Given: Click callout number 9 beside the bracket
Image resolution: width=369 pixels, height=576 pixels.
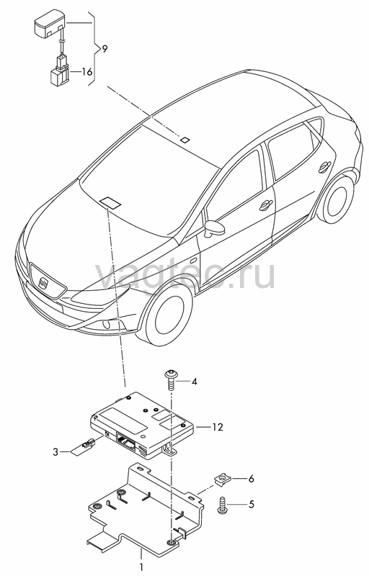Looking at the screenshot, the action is click(x=105, y=49).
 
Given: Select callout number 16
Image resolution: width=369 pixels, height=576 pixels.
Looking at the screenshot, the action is click(x=86, y=71).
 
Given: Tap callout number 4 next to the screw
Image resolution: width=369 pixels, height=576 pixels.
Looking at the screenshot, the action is click(x=194, y=382).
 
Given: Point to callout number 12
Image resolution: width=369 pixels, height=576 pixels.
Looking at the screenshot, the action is click(x=218, y=427).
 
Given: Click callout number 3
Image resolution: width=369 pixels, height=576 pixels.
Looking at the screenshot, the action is click(x=55, y=451).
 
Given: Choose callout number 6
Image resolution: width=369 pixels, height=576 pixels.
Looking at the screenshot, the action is click(x=252, y=479).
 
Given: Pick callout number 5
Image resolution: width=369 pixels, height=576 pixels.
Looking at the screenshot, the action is click(x=252, y=504).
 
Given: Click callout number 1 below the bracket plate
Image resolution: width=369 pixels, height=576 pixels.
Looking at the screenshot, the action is click(x=141, y=567).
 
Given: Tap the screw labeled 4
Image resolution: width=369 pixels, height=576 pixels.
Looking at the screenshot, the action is click(x=171, y=381).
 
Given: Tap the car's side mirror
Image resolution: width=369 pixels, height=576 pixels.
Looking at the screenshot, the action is click(x=215, y=228).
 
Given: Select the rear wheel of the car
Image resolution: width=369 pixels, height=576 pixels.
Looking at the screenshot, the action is click(x=337, y=201).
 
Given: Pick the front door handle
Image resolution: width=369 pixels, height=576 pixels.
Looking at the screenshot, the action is click(x=265, y=206).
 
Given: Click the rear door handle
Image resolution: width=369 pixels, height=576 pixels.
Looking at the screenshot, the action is click(x=324, y=167).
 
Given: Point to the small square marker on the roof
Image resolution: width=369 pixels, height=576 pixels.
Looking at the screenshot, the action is click(x=185, y=140).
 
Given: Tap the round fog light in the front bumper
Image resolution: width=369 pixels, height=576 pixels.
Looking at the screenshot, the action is click(x=107, y=325).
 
